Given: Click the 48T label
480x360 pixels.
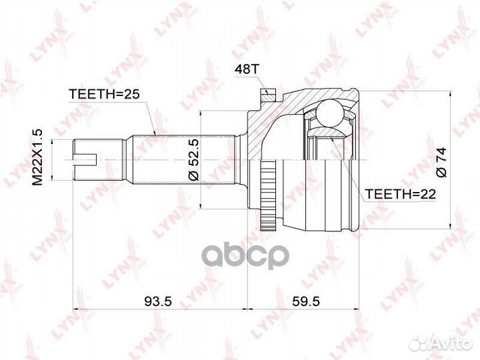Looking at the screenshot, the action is point(247,70).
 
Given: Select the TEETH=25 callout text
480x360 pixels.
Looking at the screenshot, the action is point(104,94).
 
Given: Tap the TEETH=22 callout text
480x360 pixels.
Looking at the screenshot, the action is point(401,194).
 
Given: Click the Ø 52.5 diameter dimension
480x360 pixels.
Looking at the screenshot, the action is point(194,159).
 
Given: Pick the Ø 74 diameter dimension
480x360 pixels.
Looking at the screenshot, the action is point(441,163).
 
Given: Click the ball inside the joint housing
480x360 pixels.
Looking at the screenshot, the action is point(330,113).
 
